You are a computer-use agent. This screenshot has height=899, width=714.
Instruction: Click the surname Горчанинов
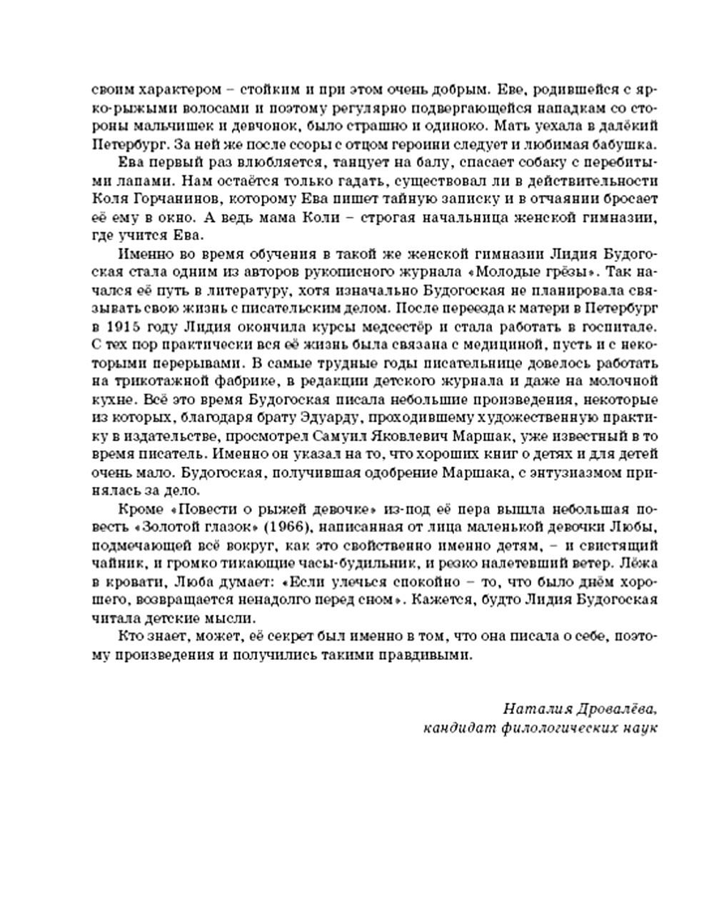[166, 199]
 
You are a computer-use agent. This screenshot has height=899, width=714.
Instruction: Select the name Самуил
[400, 435]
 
